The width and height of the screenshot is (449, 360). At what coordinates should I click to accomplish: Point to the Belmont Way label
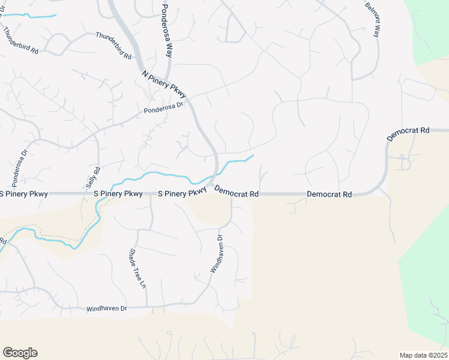coord(372,20)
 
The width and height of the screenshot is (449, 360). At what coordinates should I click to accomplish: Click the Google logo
coord(20,353)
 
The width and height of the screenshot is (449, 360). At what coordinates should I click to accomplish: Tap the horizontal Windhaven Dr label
coord(107,308)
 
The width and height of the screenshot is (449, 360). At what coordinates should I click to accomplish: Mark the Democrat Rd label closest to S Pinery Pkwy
coord(236,193)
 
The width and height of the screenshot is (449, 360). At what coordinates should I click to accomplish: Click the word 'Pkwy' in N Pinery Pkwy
coord(178,92)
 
